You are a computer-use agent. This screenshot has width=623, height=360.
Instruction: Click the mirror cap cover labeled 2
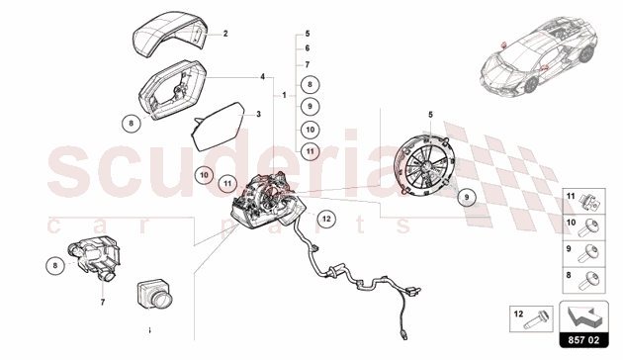click(169, 36)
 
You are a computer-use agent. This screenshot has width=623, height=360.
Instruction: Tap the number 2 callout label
click(225, 34)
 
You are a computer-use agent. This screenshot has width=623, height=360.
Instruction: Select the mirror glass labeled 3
click(219, 127)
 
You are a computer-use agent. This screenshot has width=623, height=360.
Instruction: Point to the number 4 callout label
click(263, 77)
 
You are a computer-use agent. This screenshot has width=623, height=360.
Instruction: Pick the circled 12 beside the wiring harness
click(326, 219)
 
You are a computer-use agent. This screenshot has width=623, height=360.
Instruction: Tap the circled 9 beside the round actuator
click(467, 197)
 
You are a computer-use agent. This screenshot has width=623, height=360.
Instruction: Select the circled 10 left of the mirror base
click(205, 175)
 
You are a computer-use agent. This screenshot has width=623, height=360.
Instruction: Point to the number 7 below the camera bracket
click(103, 303)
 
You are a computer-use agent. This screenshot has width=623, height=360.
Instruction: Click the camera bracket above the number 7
click(94, 257)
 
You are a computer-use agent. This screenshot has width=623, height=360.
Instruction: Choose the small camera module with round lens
click(154, 295)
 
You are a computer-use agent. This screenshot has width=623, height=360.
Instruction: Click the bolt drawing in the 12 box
click(537, 319)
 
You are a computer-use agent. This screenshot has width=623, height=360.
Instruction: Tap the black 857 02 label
click(583, 340)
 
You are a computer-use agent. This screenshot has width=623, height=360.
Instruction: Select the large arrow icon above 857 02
click(584, 316)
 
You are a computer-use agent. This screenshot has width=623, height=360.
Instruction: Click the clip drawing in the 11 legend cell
click(590, 201)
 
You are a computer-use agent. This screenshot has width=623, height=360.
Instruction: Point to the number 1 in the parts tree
click(284, 95)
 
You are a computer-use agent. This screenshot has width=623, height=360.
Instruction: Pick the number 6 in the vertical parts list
click(308, 48)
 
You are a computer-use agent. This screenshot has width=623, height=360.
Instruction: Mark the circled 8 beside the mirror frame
click(132, 124)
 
